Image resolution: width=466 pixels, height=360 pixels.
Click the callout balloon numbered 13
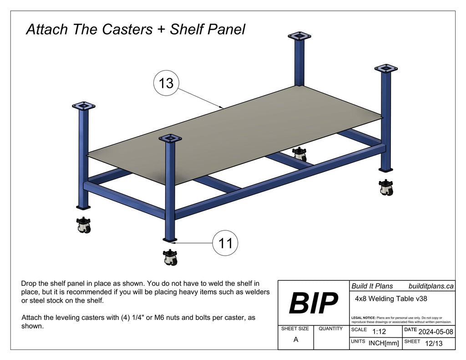(x=166, y=83)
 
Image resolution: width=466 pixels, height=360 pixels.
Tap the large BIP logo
(x=314, y=303)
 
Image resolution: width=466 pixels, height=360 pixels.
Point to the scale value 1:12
(x=379, y=332)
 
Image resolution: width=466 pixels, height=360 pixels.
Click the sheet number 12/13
(x=432, y=344)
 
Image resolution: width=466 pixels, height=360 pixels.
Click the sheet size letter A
(x=296, y=339)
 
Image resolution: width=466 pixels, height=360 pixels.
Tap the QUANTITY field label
(x=331, y=328)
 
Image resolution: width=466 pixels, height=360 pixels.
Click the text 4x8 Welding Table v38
(x=390, y=299)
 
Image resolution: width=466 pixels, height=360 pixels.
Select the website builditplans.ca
(x=431, y=286)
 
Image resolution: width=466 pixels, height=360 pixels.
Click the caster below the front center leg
(x=170, y=258)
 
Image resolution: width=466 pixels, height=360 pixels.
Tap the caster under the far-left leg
(x=84, y=225)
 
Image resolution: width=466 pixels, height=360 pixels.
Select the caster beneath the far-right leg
(x=386, y=187)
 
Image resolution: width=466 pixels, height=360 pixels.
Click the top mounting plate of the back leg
(x=299, y=36)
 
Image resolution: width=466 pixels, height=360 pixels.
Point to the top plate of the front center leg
(x=170, y=138)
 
